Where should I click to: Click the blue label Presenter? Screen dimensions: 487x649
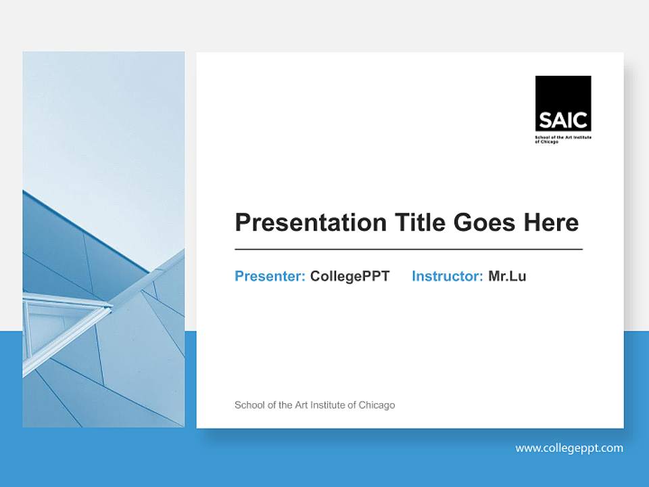pyautogui.click(x=270, y=276)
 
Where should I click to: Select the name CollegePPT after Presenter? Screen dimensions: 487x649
pyautogui.click(x=350, y=276)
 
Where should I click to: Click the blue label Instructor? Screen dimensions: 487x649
pyautogui.click(x=447, y=276)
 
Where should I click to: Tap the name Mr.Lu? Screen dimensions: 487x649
pyautogui.click(x=507, y=276)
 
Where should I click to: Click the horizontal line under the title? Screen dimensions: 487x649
pyautogui.click(x=408, y=250)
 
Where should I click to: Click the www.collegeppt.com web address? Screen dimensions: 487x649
pyautogui.click(x=569, y=448)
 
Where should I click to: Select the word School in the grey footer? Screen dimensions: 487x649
pyautogui.click(x=248, y=405)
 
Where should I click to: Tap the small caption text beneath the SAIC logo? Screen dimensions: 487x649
pyautogui.click(x=562, y=139)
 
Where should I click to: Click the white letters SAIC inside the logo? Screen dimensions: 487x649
pyautogui.click(x=563, y=120)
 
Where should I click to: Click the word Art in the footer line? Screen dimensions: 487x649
pyautogui.click(x=303, y=405)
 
